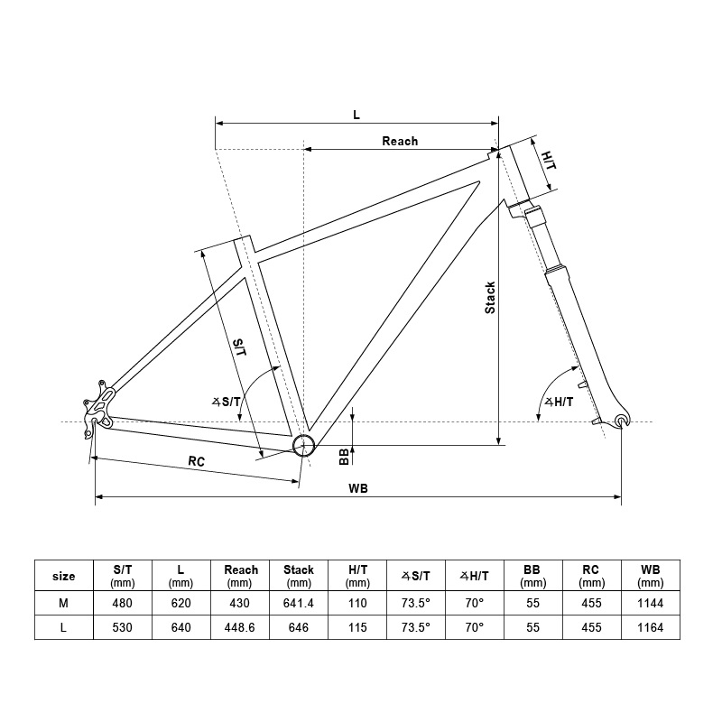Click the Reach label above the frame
tap(400, 141)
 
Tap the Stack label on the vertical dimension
tap(490, 298)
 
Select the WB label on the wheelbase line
tap(357, 488)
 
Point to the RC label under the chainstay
tap(196, 461)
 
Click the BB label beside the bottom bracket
tap(344, 457)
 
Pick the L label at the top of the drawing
tap(356, 115)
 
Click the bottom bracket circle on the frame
tap(304, 445)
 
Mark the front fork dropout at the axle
tap(622, 421)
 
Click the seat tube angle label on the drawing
tap(227, 402)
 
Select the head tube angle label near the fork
tap(559, 402)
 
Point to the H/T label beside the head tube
tap(549, 161)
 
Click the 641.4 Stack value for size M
tap(299, 603)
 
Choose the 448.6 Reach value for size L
tap(239, 627)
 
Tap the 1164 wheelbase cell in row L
tap(650, 627)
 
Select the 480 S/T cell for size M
tap(122, 603)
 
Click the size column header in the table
tap(63, 577)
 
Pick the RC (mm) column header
tap(591, 576)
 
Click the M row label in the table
tap(63, 603)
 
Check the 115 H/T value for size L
tap(357, 627)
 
